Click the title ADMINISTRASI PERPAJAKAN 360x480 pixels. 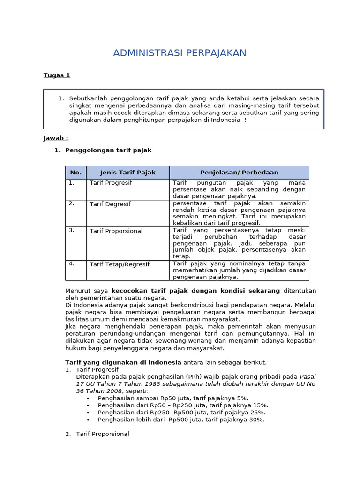click(180, 53)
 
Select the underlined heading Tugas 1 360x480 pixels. click(57, 75)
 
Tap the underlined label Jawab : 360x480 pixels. click(56, 138)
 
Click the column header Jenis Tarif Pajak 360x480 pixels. click(127, 172)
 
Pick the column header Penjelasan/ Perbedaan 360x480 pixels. click(239, 172)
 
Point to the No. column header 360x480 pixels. click(75, 172)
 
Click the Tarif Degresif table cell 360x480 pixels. click(110, 204)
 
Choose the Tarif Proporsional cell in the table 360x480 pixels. click(116, 231)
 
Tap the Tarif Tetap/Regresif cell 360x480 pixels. click(120, 264)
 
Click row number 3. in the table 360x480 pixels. click(72, 230)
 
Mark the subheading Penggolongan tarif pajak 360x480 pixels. click(108, 150)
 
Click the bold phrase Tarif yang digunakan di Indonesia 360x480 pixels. click(123, 363)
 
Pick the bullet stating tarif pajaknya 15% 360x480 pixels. click(183, 405)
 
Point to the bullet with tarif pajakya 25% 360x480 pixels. click(181, 412)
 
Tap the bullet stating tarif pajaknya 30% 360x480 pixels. click(181, 420)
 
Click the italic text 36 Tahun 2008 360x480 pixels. click(98, 391)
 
